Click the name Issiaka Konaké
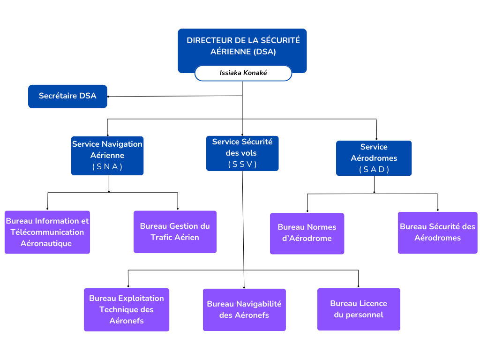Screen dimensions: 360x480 243,73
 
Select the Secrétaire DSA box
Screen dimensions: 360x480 67,96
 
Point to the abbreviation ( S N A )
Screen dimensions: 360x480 107,166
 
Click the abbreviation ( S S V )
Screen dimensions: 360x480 242,164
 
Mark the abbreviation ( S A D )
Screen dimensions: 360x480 374,169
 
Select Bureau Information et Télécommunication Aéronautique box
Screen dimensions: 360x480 47,232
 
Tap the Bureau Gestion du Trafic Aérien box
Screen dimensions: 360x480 175,232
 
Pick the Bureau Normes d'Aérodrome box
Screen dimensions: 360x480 307,233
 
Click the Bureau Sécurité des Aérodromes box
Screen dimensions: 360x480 437,232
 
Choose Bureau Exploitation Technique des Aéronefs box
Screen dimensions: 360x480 127,309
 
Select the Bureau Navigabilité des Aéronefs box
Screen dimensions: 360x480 244,309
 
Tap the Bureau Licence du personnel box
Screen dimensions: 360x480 359,309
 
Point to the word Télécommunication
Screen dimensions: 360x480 47,232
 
